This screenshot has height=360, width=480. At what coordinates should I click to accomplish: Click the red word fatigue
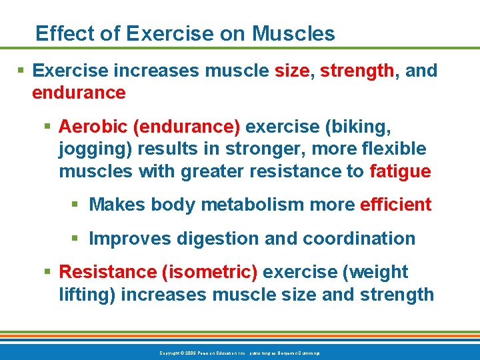coord(400,171)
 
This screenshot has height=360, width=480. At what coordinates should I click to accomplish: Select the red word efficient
coord(395,205)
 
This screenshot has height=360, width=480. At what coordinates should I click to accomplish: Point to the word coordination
coord(359,238)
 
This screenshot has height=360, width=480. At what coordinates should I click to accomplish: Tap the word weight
coord(377,272)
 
